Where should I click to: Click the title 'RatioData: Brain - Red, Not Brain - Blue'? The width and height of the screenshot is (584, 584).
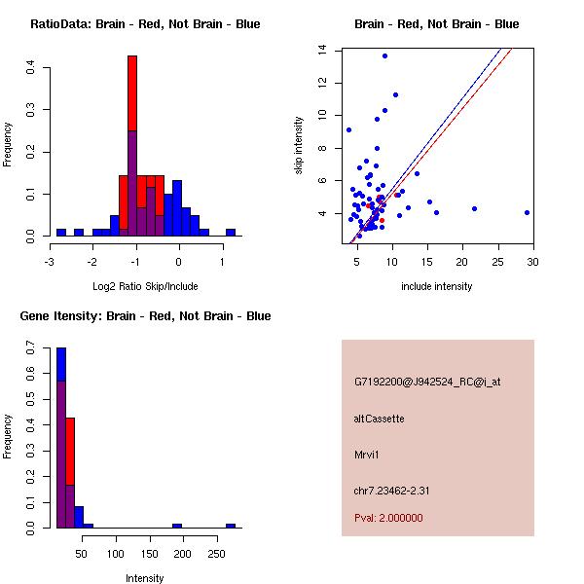145,24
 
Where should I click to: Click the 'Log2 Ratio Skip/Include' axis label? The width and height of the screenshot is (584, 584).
145,286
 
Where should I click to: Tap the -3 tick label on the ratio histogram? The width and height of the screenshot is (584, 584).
51,262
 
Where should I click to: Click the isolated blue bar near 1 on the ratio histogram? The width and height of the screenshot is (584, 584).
231,233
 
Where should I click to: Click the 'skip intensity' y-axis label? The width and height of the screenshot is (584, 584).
301,145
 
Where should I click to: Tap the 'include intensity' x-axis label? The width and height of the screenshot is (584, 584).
436,286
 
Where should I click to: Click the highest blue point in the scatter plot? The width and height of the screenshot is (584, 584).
384,55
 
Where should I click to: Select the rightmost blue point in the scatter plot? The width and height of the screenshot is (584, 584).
527,211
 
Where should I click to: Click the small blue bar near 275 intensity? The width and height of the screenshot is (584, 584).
231,526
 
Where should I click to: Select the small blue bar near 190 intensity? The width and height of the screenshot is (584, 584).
177,526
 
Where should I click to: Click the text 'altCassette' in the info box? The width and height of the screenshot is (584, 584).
379,419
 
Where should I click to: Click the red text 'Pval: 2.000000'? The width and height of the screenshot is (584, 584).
388,518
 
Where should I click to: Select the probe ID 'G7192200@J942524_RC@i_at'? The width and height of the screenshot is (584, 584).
427,382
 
